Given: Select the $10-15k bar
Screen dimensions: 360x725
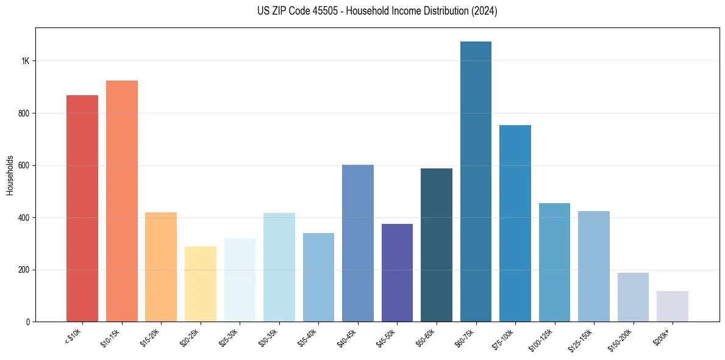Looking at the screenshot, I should tap(122, 201).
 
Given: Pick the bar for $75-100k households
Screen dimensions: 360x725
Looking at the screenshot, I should tap(515, 223).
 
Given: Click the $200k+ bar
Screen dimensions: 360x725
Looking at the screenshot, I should tap(673, 306).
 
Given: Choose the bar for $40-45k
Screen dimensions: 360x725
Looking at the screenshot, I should tap(358, 243).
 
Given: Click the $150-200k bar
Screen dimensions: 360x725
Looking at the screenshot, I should tap(633, 297).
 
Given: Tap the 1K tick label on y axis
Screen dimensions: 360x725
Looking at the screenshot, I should tap(26, 61).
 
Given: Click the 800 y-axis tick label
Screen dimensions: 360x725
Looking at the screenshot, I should tap(24, 113).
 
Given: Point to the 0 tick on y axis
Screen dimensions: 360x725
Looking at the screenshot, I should tap(28, 322).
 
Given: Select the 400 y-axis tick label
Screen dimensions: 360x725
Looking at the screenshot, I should tap(24, 218).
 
